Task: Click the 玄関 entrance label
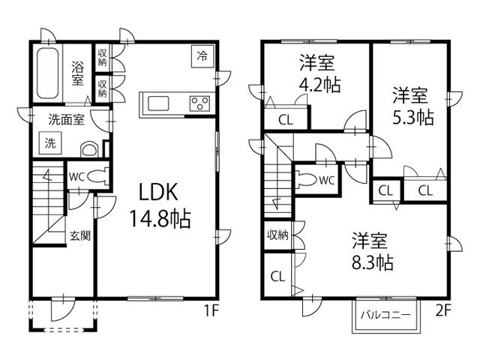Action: pyautogui.click(x=81, y=235)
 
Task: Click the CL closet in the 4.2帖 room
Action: pyautogui.click(x=285, y=119)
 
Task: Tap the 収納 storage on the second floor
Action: pyautogui.click(x=277, y=235)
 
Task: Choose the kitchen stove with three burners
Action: pyautogui.click(x=199, y=103)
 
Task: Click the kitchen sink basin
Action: pyautogui.click(x=160, y=103)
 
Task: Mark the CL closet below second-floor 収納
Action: pyautogui.click(x=277, y=276)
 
